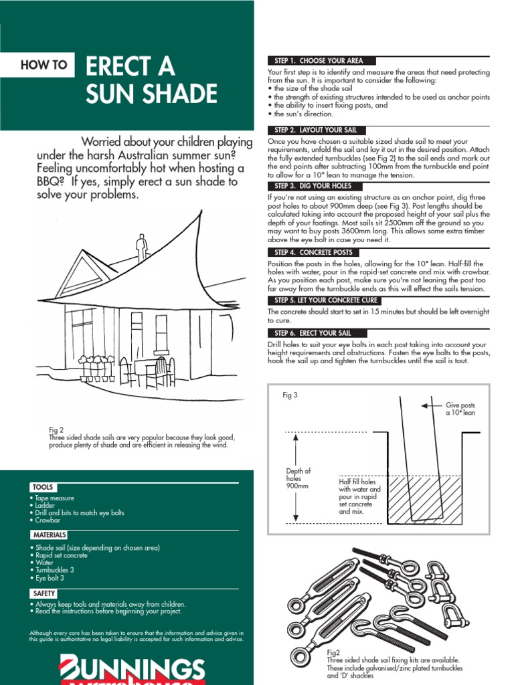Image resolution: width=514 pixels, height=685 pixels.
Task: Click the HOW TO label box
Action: click(44, 65)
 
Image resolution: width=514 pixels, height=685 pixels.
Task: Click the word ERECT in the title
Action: click(131, 67)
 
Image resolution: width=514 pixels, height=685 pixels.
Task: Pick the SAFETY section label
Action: click(44, 593)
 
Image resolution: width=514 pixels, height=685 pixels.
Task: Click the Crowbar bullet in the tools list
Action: click(47, 520)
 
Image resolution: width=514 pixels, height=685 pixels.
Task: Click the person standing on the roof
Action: click(141, 248)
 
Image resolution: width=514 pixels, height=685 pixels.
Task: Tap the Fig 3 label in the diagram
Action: click(290, 395)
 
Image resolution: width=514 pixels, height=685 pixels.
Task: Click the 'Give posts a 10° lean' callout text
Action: click(460, 409)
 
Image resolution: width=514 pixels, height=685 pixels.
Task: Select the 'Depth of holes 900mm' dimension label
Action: click(298, 478)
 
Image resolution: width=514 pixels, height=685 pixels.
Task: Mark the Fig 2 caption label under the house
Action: click(56, 430)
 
